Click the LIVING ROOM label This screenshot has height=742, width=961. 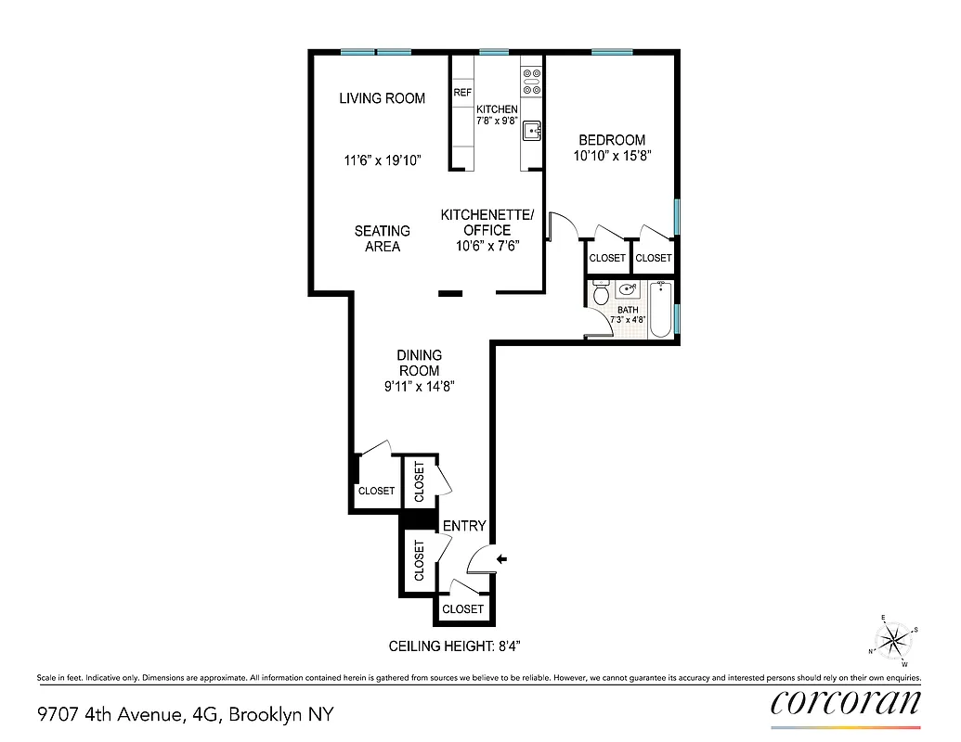[382, 98]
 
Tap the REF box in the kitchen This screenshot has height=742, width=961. [462, 93]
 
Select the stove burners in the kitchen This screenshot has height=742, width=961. [531, 82]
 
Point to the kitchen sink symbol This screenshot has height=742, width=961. [531, 131]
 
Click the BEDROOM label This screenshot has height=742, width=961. [610, 140]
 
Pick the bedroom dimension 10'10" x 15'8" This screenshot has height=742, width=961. [610, 156]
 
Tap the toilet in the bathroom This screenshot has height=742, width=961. [601, 294]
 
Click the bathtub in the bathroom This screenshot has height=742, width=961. [662, 308]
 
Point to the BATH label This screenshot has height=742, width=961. [629, 310]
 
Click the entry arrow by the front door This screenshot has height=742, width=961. [502, 558]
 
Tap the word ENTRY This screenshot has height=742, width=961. [464, 526]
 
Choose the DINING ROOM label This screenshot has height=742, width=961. [419, 363]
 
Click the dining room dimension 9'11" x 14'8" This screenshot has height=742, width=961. [419, 387]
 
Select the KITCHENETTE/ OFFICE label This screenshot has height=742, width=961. [487, 223]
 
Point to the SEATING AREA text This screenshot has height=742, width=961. [382, 238]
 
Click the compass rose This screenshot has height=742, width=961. [893, 638]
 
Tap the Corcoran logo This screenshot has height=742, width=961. [846, 701]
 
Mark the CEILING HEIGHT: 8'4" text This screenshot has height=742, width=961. [461, 646]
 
